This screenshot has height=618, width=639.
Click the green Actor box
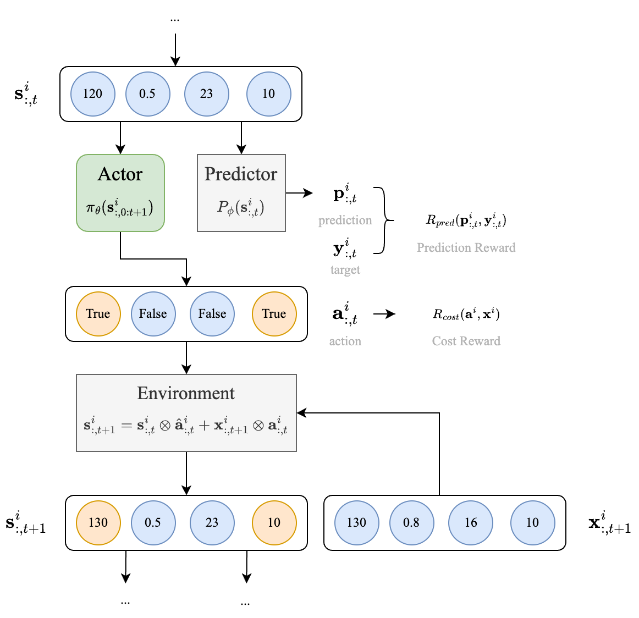point(120,192)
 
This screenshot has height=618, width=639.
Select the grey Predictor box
point(241,192)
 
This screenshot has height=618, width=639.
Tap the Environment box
point(186,412)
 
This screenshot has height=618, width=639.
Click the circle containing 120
point(92,94)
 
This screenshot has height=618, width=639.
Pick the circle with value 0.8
point(411,523)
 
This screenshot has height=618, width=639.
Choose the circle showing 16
point(471,523)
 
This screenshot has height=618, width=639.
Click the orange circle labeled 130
point(98,523)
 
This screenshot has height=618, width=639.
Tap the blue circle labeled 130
point(356,523)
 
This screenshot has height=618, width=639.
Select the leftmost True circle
point(98,314)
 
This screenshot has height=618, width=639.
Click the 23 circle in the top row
point(206,94)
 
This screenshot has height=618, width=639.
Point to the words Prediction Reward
point(466,247)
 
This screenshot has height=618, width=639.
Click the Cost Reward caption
point(466,341)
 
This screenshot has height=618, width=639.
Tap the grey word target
point(345,269)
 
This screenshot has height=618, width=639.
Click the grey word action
point(345,341)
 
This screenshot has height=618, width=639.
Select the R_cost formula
point(466,314)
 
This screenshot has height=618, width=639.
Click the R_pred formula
point(466,220)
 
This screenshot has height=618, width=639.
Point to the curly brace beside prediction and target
point(384,220)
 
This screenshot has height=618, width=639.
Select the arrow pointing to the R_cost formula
point(384,314)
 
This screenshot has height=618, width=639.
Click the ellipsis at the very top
point(175,20)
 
